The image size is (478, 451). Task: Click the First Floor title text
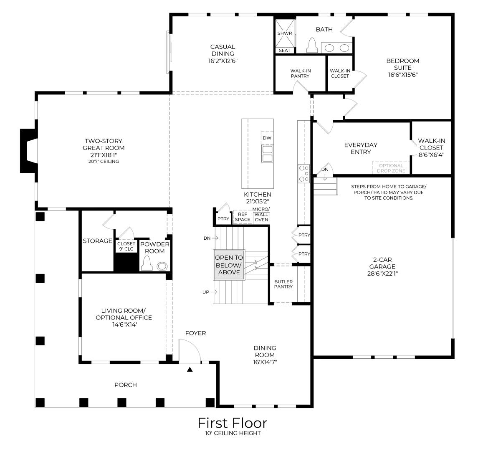(x=232, y=423)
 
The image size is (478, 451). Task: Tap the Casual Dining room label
(x=223, y=53)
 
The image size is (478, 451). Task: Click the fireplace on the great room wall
(x=28, y=151)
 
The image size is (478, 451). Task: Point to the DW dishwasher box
(x=267, y=138)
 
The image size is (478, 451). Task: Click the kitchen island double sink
(x=267, y=154)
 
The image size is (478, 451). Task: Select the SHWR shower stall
(x=285, y=33)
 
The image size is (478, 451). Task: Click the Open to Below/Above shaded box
(x=229, y=265)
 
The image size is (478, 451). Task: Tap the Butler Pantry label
(x=283, y=284)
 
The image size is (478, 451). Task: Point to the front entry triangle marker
(x=190, y=369)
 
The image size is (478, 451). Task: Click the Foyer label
(x=195, y=333)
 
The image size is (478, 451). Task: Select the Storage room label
(x=97, y=241)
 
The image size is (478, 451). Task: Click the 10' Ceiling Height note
(x=233, y=433)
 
